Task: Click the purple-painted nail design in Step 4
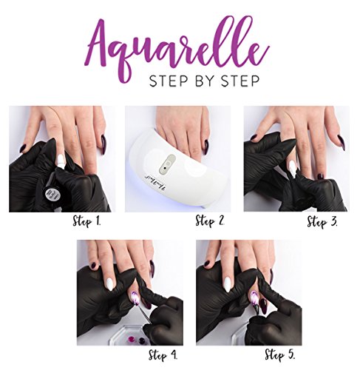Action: tap(136, 299)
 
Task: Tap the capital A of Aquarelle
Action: tap(109, 44)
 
